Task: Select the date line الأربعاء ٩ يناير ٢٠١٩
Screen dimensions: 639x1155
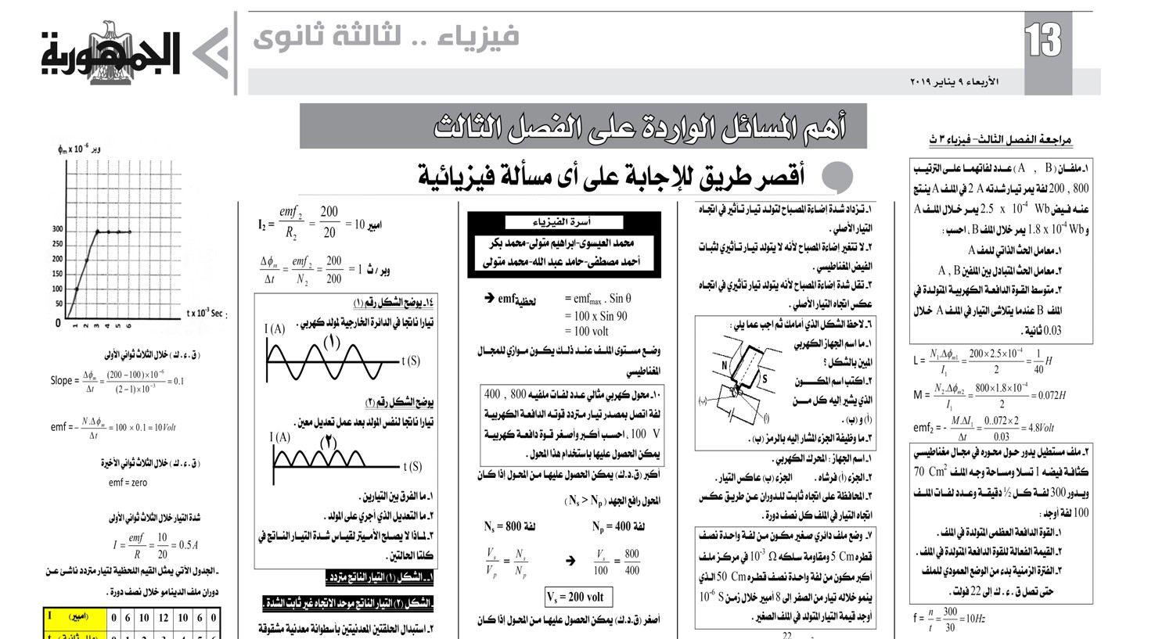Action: [x=954, y=81]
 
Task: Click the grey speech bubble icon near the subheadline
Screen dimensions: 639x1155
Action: [x=839, y=177]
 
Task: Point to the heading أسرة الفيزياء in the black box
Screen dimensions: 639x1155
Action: [x=562, y=221]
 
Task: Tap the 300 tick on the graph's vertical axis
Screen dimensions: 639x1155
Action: [x=58, y=229]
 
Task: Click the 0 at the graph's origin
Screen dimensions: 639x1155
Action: [x=58, y=323]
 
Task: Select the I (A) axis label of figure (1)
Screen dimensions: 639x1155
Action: [x=275, y=329]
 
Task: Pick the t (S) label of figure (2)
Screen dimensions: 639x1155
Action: [x=412, y=467]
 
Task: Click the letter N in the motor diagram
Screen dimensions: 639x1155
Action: [x=725, y=365]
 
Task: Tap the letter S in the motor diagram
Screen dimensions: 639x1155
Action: [x=765, y=379]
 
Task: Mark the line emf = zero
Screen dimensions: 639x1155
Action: [x=128, y=483]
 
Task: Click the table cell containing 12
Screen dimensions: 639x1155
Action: [x=163, y=617]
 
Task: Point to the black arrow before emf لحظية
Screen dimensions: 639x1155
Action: [x=489, y=298]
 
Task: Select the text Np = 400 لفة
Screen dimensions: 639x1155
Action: [x=617, y=526]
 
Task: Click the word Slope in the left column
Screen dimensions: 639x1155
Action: [x=61, y=381]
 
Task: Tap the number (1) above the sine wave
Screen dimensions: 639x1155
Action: [x=332, y=343]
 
